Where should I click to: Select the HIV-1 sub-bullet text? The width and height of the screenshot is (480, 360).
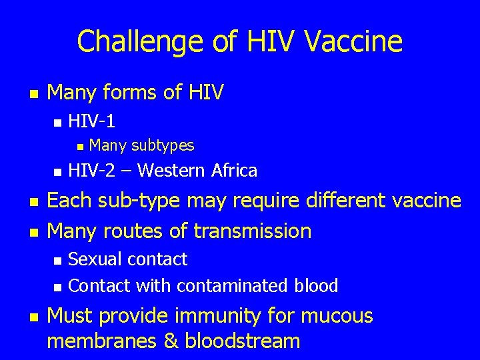point(92,121)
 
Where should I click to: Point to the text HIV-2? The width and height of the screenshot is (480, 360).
point(91,171)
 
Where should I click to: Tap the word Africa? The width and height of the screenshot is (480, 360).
point(234,171)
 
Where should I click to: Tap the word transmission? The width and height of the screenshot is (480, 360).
point(253,231)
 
